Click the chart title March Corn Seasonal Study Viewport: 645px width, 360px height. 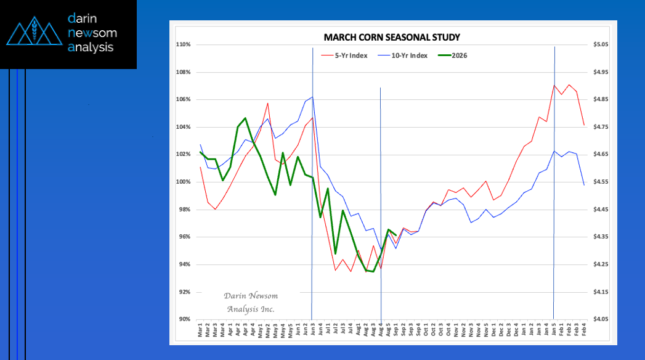(x=392, y=37)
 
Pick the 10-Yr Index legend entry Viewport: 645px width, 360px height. (x=410, y=55)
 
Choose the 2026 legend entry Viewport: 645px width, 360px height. (x=459, y=55)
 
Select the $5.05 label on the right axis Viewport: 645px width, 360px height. (x=599, y=45)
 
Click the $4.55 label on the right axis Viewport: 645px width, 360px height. (x=599, y=182)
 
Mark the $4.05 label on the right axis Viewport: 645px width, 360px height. (x=599, y=319)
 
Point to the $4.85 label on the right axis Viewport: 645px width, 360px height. (x=599, y=100)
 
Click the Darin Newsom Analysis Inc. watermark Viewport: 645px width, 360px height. (x=250, y=302)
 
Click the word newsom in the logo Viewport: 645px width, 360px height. (x=92, y=33)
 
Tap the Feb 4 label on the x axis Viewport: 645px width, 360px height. (x=584, y=330)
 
